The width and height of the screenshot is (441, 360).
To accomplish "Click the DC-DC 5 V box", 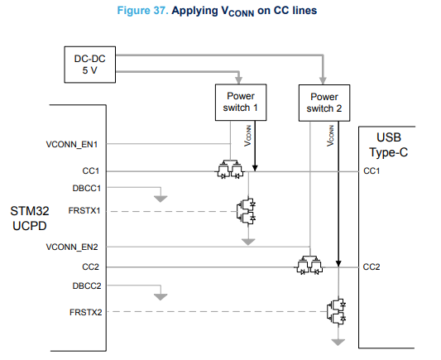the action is [89, 65].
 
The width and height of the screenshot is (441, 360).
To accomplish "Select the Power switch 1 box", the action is [241, 103].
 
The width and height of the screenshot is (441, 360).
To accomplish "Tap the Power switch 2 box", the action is [324, 103].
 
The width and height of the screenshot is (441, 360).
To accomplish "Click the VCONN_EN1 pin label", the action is [72, 144].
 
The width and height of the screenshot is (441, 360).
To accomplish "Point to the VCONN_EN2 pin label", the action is [72, 247].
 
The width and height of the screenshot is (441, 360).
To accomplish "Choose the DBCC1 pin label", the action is [86, 188].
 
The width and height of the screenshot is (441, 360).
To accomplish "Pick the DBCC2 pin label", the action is [87, 286].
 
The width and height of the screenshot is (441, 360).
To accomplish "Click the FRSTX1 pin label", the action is [84, 210].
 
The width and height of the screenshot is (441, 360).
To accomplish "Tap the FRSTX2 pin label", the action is [85, 312].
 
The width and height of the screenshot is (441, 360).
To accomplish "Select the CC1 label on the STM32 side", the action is [90, 170].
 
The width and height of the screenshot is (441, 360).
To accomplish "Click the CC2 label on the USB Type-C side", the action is [371, 266].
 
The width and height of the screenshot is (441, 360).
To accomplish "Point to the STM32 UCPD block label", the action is [30, 218].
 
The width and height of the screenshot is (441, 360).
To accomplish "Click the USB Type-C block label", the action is [388, 145].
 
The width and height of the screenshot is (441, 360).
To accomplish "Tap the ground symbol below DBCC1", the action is [161, 199].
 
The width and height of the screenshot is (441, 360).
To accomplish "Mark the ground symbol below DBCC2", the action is [161, 297].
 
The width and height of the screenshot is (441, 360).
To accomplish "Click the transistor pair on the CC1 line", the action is [230, 170].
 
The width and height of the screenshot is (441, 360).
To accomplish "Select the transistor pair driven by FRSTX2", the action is [337, 312].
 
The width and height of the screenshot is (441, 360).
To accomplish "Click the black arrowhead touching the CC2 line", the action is [338, 263].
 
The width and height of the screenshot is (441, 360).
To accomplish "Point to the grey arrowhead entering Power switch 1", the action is [239, 80].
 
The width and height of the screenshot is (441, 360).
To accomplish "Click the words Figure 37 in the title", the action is [142, 11].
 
